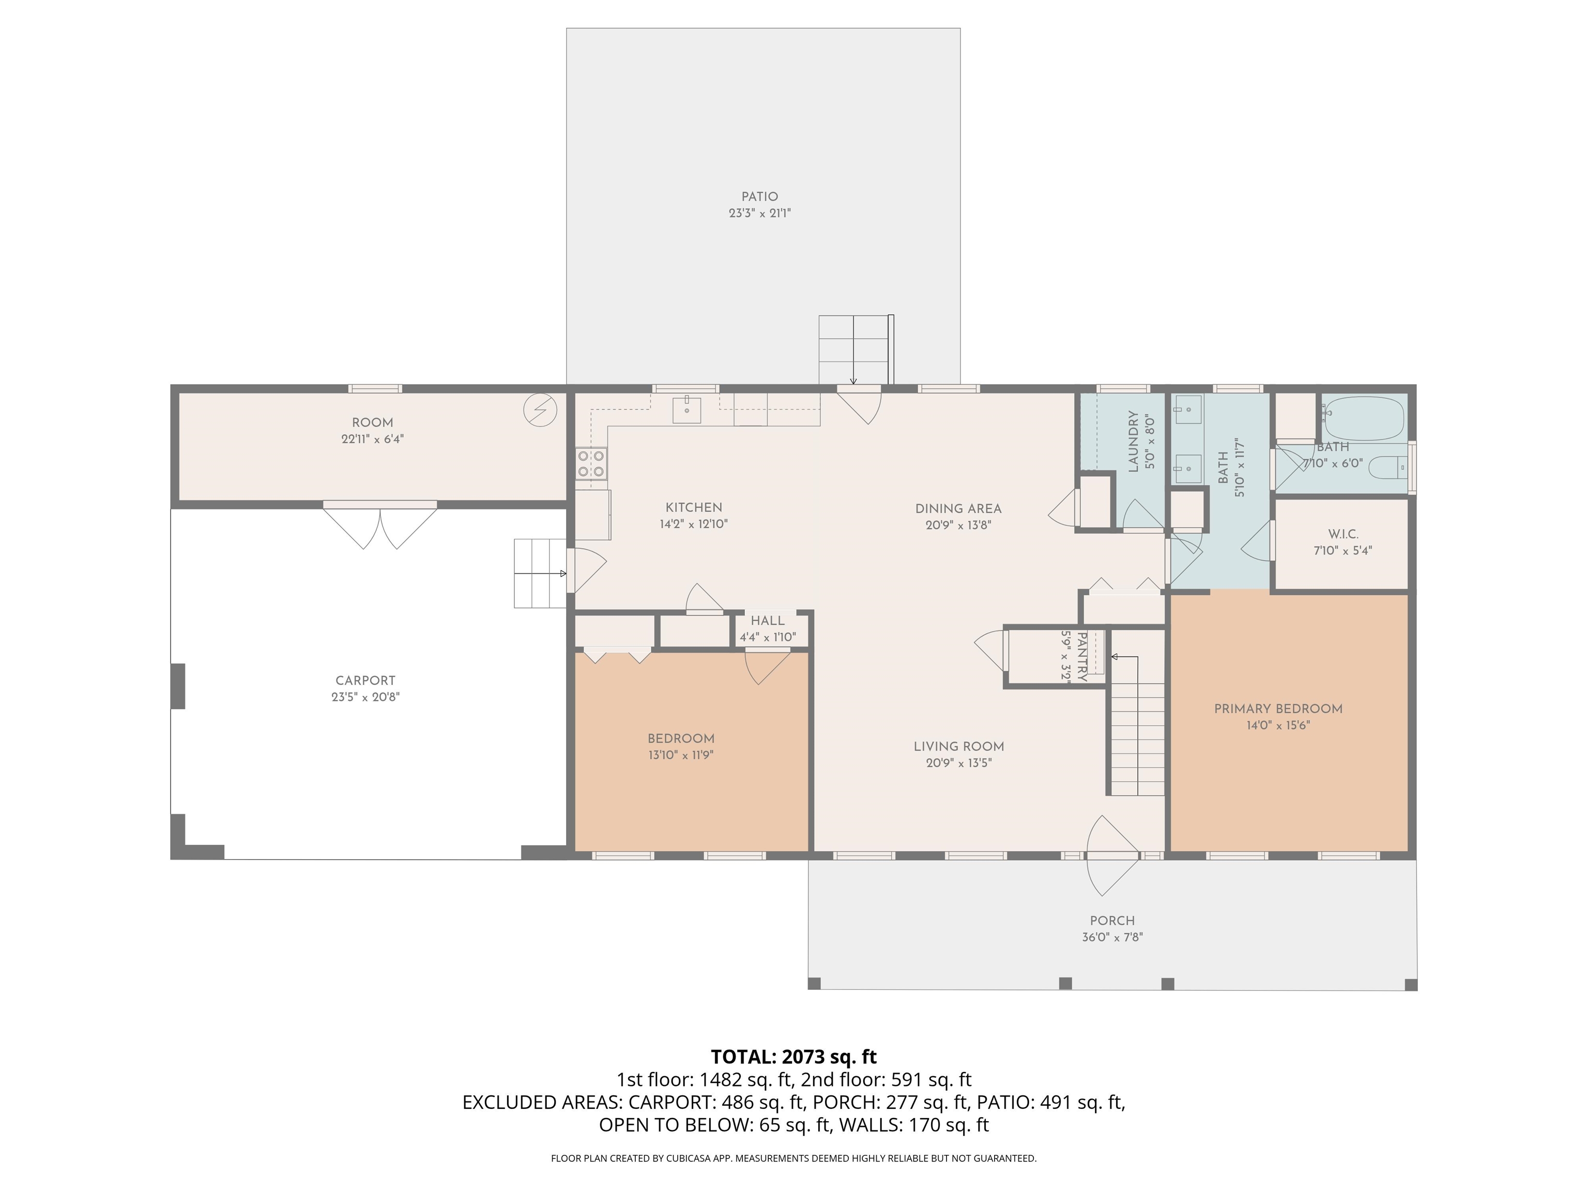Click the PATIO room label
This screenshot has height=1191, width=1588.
pyautogui.click(x=759, y=197)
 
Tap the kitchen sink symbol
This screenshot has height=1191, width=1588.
pyautogui.click(x=687, y=409)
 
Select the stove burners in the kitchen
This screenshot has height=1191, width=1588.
pyautogui.click(x=591, y=463)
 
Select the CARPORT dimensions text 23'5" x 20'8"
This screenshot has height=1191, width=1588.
pyautogui.click(x=365, y=697)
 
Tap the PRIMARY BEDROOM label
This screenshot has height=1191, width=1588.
pyautogui.click(x=1278, y=709)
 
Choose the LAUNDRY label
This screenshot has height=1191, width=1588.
pyautogui.click(x=1134, y=441)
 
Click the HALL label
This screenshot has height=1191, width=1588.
pyautogui.click(x=768, y=621)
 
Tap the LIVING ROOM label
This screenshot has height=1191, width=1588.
pyautogui.click(x=958, y=746)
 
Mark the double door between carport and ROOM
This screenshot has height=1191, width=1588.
pyautogui.click(x=380, y=526)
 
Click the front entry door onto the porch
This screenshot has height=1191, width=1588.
pyautogui.click(x=1113, y=855)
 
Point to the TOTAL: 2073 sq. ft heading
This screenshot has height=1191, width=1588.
pyautogui.click(x=793, y=1057)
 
